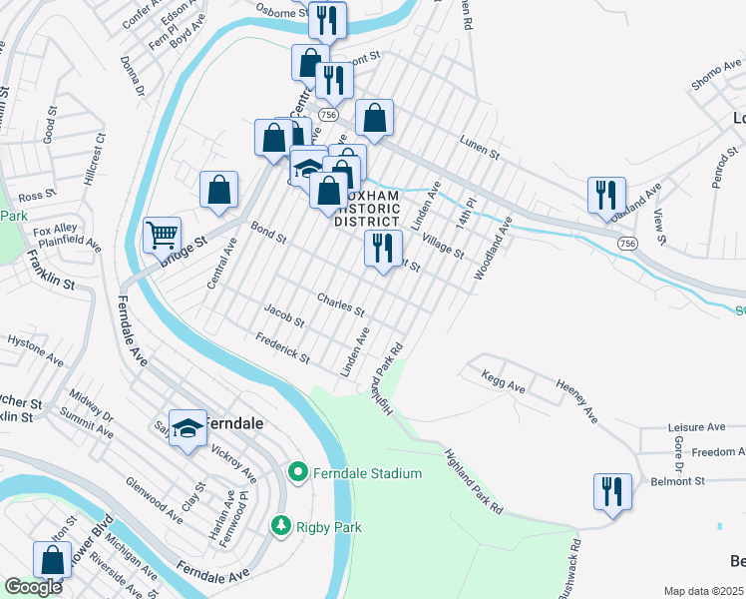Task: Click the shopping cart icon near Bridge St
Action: click(162, 236)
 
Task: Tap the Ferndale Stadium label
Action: click(367, 472)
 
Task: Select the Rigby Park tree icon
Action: click(281, 524)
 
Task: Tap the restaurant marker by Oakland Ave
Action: click(605, 196)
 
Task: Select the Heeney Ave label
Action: click(575, 397)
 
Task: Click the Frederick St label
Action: click(283, 349)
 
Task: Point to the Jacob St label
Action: click(284, 316)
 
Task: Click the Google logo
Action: click(33, 587)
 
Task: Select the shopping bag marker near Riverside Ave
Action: click(51, 561)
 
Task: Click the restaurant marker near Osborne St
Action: click(326, 20)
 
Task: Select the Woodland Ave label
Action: click(493, 249)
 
